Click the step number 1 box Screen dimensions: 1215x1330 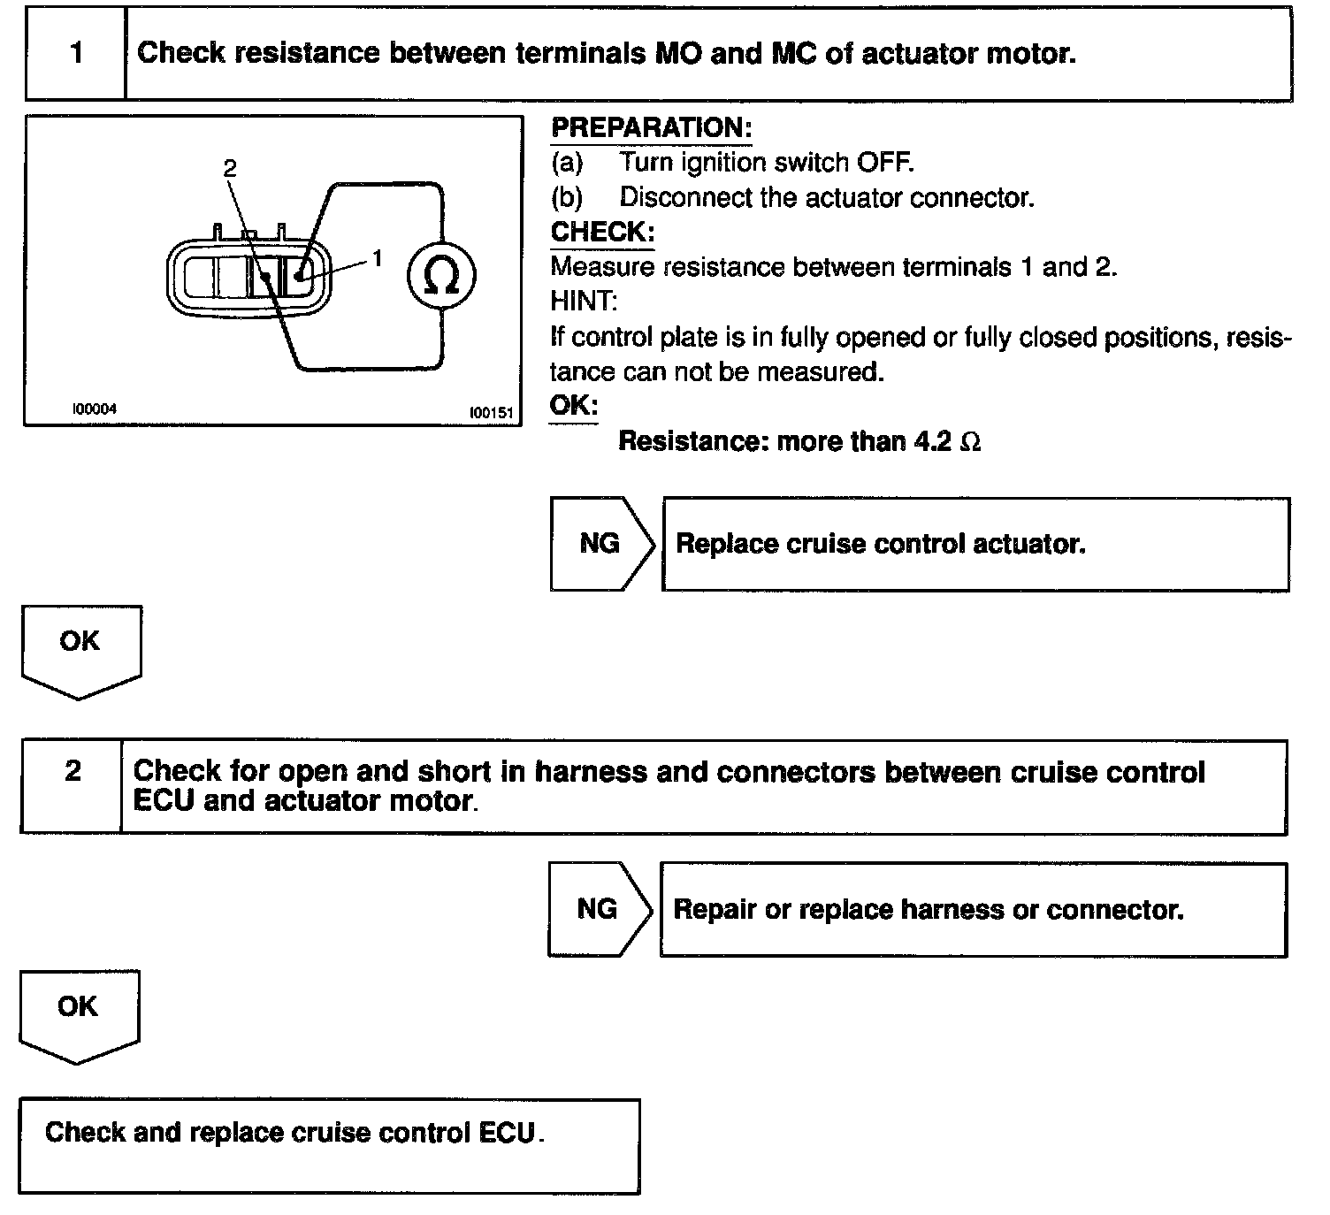[x=76, y=54]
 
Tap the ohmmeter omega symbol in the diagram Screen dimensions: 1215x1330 [x=441, y=276]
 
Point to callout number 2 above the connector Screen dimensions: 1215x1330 [x=230, y=167]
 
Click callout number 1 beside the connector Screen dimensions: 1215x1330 [x=378, y=258]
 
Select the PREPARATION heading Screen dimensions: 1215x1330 [x=651, y=128]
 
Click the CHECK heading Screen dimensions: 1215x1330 [x=602, y=233]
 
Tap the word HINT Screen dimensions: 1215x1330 [x=584, y=302]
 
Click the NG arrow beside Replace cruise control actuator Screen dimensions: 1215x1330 [x=600, y=543]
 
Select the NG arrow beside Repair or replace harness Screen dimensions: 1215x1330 [x=598, y=909]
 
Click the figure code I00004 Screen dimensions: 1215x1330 [x=94, y=409]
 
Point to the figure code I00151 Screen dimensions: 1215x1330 [x=491, y=412]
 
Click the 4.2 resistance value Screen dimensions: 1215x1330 [x=933, y=441]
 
